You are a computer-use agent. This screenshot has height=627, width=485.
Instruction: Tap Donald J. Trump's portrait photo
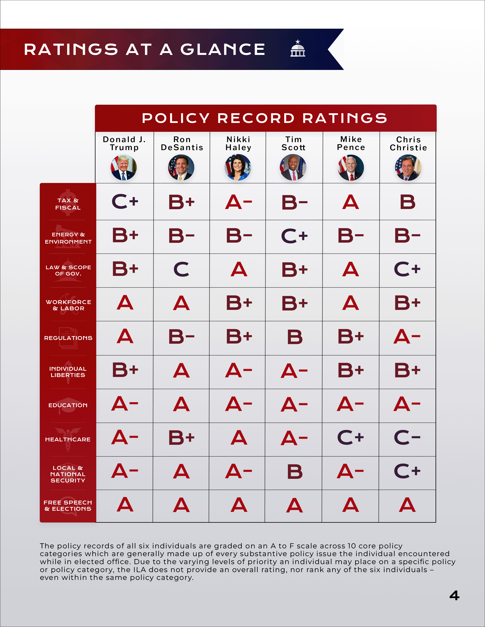pyautogui.click(x=124, y=167)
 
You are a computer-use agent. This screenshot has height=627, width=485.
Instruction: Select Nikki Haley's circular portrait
pyautogui.click(x=238, y=167)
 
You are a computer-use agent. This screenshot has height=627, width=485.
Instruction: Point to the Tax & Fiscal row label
pyautogui.click(x=68, y=204)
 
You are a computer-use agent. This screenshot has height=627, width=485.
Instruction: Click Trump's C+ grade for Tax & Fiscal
pyautogui.click(x=125, y=202)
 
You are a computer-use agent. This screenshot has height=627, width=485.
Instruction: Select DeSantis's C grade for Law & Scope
pyautogui.click(x=181, y=269)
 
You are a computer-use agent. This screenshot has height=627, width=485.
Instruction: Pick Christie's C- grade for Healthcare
pyautogui.click(x=407, y=438)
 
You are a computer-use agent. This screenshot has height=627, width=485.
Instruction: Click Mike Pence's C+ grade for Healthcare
pyautogui.click(x=350, y=438)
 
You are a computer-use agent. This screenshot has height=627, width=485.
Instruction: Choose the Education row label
pyautogui.click(x=68, y=405)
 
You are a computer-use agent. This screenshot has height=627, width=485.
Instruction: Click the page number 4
pyautogui.click(x=454, y=595)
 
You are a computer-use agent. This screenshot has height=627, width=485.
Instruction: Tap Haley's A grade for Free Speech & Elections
pyautogui.click(x=239, y=505)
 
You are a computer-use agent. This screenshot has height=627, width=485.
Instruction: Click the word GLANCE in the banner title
pyautogui.click(x=223, y=49)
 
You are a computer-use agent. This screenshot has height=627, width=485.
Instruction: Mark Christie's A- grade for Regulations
pyautogui.click(x=407, y=337)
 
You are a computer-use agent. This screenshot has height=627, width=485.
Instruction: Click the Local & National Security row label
pyautogui.click(x=68, y=474)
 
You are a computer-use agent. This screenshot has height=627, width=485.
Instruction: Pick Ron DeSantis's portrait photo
pyautogui.click(x=181, y=167)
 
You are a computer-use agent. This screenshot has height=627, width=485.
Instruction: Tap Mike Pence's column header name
pyautogui.click(x=351, y=143)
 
